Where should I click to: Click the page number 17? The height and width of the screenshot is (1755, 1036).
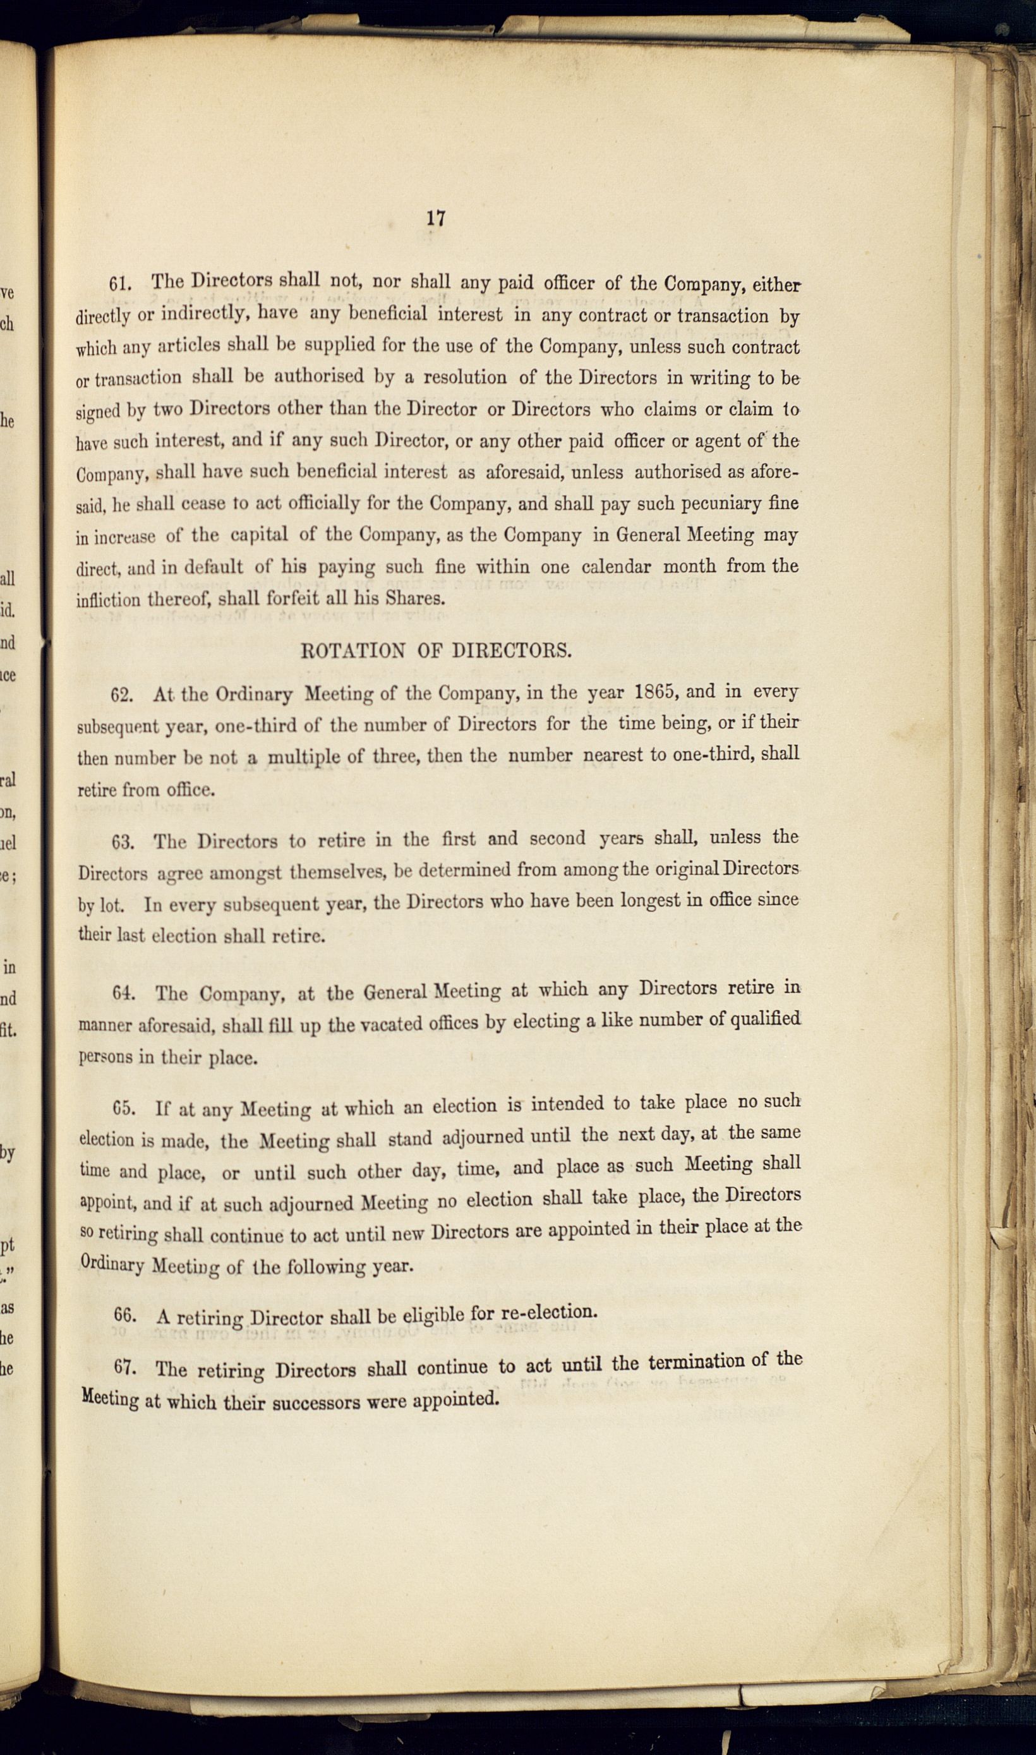coord(436,219)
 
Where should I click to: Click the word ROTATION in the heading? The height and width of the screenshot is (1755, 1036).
coord(352,651)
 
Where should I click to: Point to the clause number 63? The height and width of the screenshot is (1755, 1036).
coord(123,842)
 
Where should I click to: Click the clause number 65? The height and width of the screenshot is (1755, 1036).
coord(124,1109)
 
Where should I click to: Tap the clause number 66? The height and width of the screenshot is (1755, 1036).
coord(124,1315)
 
